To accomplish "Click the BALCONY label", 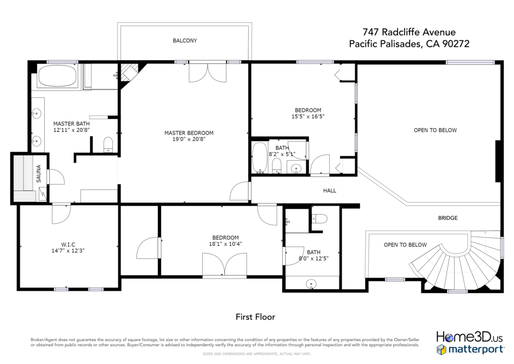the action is [185, 41].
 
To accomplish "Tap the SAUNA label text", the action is [39, 173].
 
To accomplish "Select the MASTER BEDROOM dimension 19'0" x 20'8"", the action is [189, 139].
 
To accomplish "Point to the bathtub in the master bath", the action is [57, 76].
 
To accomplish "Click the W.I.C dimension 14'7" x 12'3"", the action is [68, 251].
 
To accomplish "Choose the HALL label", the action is [330, 191].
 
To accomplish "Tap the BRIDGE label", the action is [448, 218].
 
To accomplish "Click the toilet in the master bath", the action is [108, 145].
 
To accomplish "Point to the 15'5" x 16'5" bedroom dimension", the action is [308, 117].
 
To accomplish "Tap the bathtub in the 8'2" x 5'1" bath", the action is [260, 157].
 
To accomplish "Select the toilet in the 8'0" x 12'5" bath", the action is [320, 218].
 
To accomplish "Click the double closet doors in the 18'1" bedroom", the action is [224, 264].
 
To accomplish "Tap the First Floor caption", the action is [255, 317].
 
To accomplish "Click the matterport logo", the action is [470, 349].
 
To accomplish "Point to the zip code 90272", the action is [456, 44].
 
